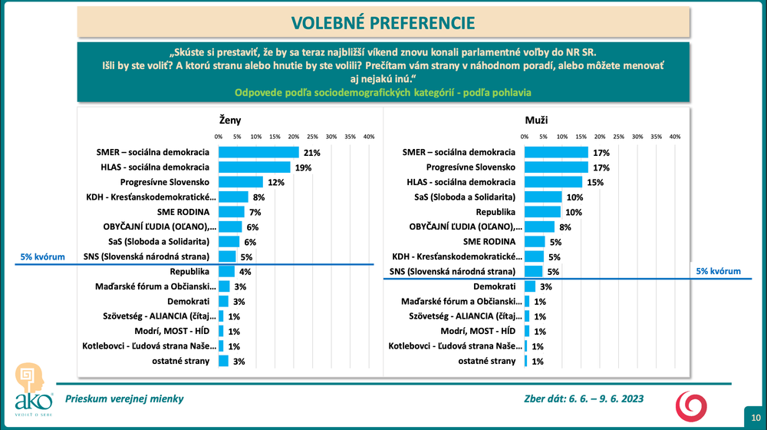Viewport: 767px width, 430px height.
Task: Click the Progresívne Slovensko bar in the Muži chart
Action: point(556,167)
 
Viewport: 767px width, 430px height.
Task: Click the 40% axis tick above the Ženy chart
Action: point(369,137)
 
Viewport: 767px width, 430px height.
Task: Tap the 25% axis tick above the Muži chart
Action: point(619,137)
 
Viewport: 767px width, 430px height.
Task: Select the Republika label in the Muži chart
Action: point(498,211)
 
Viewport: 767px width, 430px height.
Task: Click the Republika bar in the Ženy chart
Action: point(226,271)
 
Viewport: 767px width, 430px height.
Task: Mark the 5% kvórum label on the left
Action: point(42,256)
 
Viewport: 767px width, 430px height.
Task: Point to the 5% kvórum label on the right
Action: point(718,271)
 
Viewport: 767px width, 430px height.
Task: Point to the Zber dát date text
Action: point(584,399)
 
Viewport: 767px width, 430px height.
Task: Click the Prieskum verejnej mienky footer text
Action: point(124,399)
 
